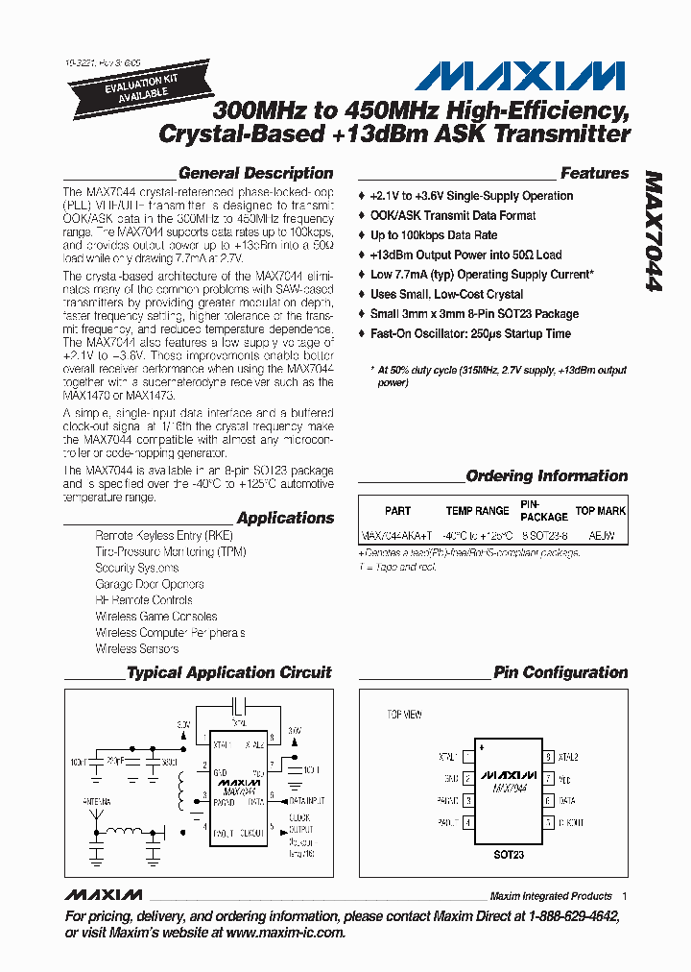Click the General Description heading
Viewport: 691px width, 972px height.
click(x=255, y=174)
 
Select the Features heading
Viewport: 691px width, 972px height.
click(x=594, y=174)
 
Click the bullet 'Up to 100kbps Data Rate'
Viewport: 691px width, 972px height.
click(x=434, y=235)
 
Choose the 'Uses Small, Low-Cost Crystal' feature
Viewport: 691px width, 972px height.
click(x=446, y=295)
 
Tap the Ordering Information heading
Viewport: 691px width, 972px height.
click(x=546, y=476)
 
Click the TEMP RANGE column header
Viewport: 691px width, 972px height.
click(x=477, y=512)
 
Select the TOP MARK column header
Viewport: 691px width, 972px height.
click(x=600, y=512)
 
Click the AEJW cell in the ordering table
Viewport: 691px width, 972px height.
click(x=601, y=536)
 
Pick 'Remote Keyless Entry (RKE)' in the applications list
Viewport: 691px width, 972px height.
click(x=163, y=536)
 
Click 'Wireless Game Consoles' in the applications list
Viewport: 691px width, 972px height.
click(x=155, y=617)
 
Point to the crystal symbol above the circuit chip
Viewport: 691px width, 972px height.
click(x=240, y=703)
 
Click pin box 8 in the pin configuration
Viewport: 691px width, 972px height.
click(x=549, y=757)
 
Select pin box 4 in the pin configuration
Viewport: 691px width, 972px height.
click(x=467, y=822)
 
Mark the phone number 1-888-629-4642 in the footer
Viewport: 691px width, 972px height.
click(x=570, y=917)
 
